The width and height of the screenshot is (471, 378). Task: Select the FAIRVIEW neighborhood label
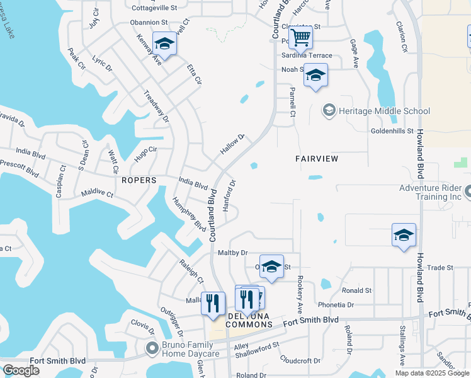click(317, 159)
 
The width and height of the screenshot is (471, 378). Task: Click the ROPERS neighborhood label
click(139, 180)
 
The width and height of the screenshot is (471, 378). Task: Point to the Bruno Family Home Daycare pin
click(152, 348)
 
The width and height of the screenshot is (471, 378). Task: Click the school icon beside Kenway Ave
click(164, 43)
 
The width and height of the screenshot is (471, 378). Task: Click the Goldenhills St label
click(390, 132)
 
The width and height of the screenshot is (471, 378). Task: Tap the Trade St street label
click(440, 268)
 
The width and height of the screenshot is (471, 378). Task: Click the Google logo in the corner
click(21, 370)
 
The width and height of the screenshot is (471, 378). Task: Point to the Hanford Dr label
click(230, 195)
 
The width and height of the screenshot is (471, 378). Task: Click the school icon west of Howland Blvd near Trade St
click(404, 235)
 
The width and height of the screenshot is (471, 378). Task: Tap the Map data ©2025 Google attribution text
click(432, 373)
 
